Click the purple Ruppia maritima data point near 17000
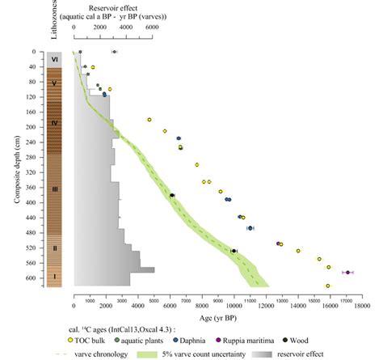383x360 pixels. click(x=348, y=273)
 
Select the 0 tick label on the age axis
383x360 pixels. click(x=74, y=307)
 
